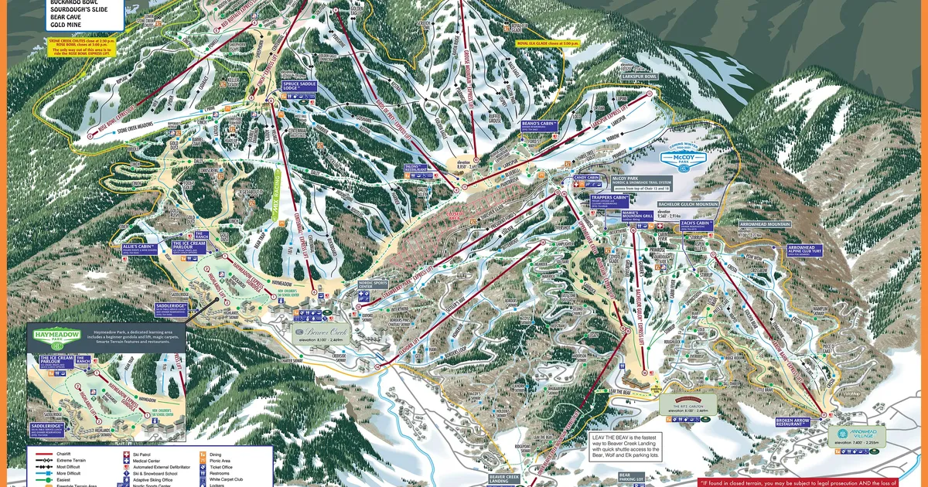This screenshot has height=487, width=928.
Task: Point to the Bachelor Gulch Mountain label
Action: point(688,206)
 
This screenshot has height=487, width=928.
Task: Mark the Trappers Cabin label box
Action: point(610,198)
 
